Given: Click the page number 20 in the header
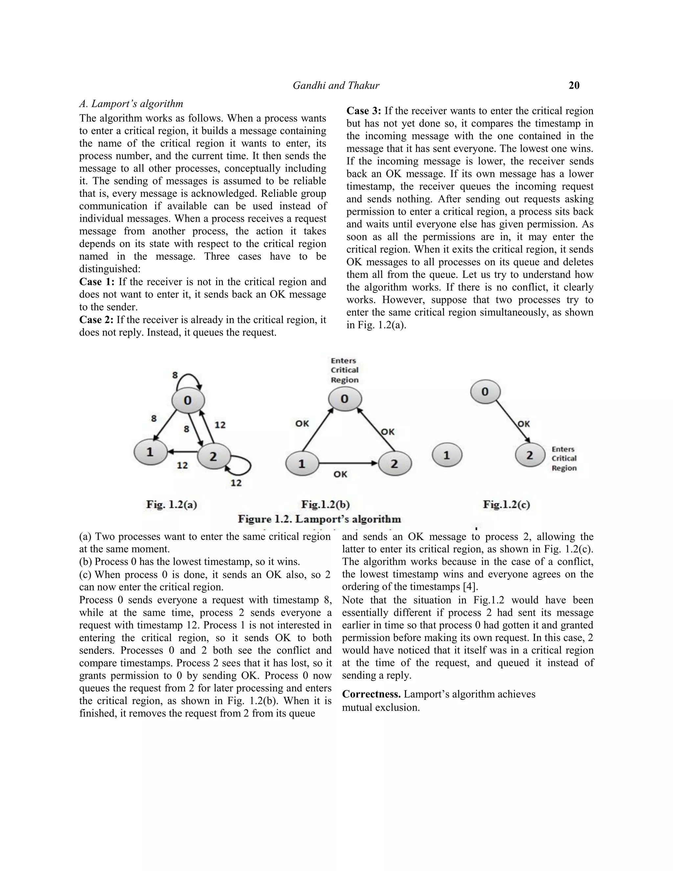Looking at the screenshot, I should [574, 85].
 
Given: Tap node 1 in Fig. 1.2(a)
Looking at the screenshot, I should [150, 452].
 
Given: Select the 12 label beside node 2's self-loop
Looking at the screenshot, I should [236, 483].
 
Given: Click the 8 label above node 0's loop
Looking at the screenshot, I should [174, 375].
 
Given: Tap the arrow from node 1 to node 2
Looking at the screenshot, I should [348, 463].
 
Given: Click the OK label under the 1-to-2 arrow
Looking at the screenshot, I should [340, 474].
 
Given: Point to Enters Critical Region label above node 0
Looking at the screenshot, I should [344, 370].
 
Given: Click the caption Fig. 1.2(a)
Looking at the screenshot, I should [172, 505].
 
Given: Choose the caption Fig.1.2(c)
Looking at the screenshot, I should [506, 505].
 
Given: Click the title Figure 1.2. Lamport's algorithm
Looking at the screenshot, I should [319, 519].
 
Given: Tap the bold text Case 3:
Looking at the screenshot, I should [364, 111].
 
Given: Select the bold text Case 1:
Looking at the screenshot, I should [97, 282].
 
